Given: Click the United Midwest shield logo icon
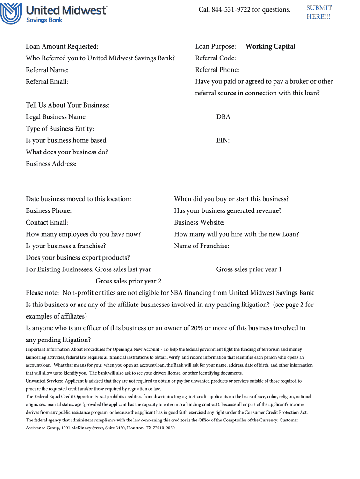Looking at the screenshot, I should [11, 13].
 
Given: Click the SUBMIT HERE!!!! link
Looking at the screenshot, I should [319, 12].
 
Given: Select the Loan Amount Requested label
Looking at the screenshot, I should [62, 46].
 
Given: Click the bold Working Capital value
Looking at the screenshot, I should [270, 46].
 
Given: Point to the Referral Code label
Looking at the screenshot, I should [216, 58].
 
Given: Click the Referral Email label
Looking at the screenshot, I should [47, 81].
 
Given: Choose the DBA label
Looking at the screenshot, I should [223, 117].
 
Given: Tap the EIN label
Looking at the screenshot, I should [223, 140].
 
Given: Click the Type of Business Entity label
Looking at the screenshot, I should [60, 129].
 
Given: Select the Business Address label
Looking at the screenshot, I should [51, 164].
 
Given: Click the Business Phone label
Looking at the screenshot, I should [49, 210].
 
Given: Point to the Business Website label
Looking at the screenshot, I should [199, 222].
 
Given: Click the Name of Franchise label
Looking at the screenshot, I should [202, 246].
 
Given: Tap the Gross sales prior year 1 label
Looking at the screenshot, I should [249, 269].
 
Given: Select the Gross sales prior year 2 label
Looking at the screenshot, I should [129, 281].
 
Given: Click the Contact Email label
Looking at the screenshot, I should [47, 222].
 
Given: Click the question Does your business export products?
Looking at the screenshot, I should [78, 258].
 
